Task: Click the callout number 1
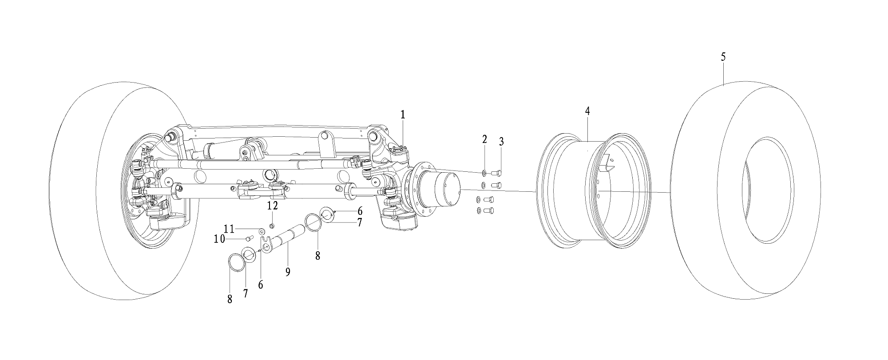click(x=403, y=115)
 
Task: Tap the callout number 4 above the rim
click(x=587, y=111)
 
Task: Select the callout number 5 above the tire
click(x=723, y=57)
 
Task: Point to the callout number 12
click(x=272, y=206)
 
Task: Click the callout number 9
click(x=288, y=272)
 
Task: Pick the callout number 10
click(x=219, y=239)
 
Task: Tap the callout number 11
click(x=229, y=229)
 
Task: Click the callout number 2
click(x=485, y=139)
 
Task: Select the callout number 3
click(x=501, y=142)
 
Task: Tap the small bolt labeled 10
click(x=249, y=238)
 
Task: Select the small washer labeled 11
click(x=262, y=231)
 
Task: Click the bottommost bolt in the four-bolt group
click(x=488, y=210)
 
